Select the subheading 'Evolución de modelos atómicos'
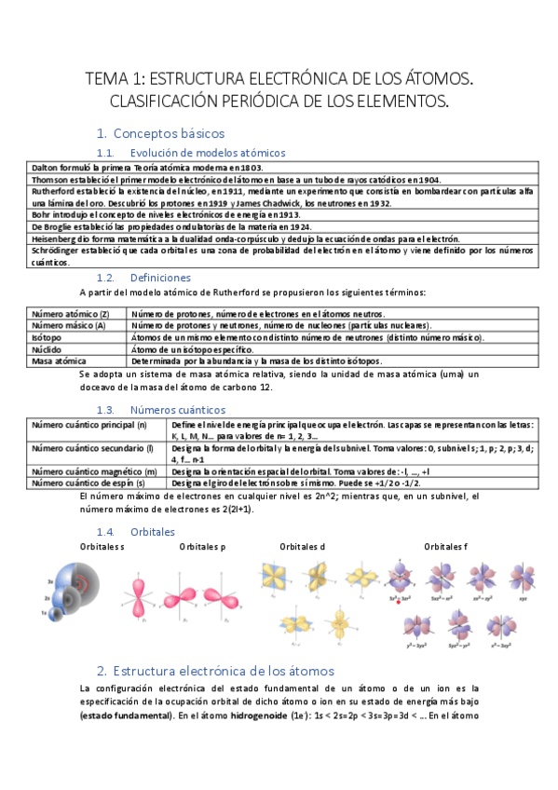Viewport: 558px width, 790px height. pyautogui.click(x=208, y=153)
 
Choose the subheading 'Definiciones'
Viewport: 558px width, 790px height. pyautogui.click(x=160, y=278)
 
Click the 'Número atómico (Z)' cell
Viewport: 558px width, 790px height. pyautogui.click(x=71, y=314)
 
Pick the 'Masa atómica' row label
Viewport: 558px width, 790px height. pyautogui.click(x=59, y=361)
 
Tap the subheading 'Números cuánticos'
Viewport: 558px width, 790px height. pyautogui.click(x=177, y=410)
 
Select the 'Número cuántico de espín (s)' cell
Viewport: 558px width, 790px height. pyautogui.click(x=88, y=484)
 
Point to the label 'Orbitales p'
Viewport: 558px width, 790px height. pyautogui.click(x=202, y=546)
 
